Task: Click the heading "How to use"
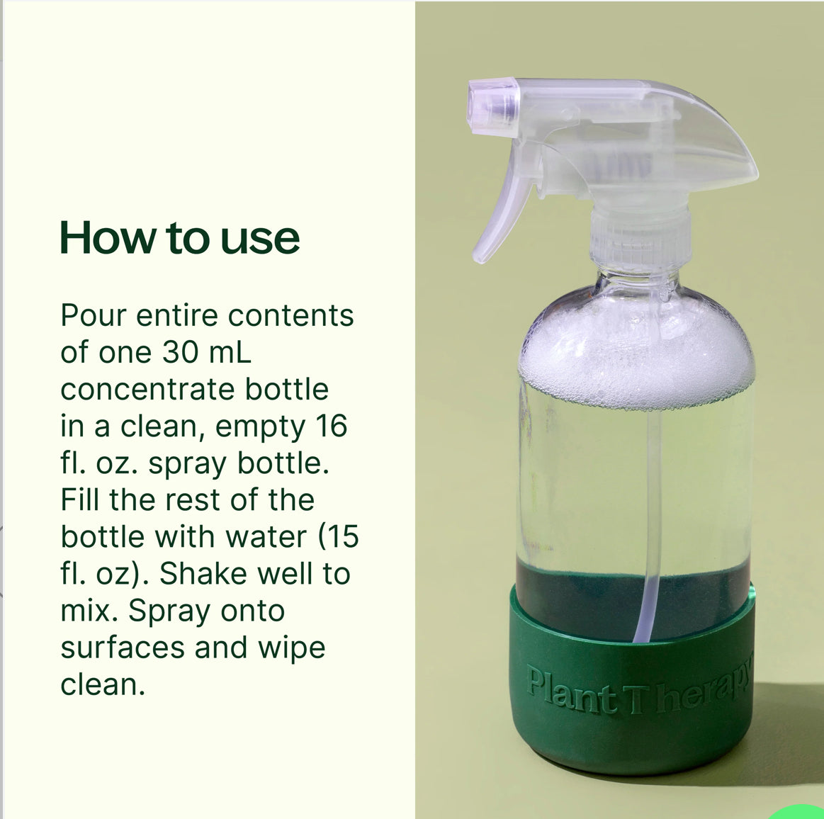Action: point(180,238)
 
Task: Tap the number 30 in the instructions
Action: point(181,352)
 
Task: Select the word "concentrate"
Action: point(148,389)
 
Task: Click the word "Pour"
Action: point(93,315)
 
